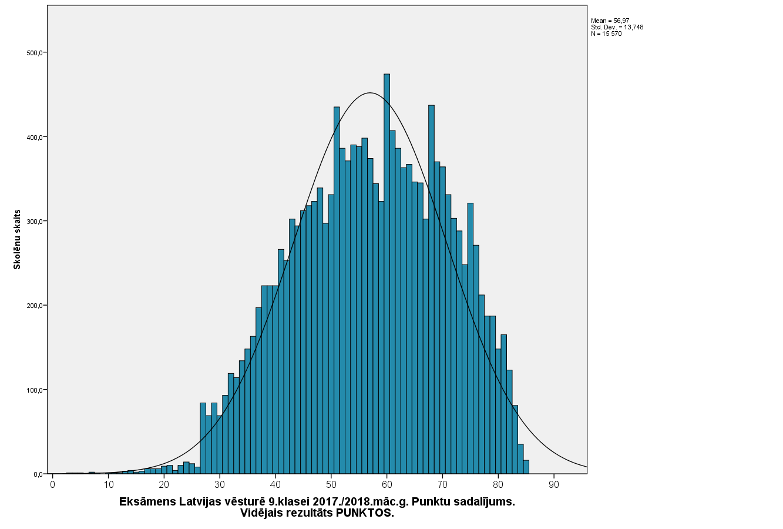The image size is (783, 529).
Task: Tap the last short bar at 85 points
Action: coord(526,467)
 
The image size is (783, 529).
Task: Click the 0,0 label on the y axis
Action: coord(38,474)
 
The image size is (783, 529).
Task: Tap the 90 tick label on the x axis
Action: coord(553,485)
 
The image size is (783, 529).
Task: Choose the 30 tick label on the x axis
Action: coord(220,485)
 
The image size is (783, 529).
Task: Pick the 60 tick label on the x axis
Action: coord(387,485)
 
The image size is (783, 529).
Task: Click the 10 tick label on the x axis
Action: coord(109,485)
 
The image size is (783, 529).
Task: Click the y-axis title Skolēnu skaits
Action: coord(17,239)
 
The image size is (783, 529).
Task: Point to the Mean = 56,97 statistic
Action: coord(610,21)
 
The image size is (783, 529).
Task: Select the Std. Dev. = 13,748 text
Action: coord(617,27)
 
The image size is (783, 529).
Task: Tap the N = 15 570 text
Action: coord(606,34)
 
